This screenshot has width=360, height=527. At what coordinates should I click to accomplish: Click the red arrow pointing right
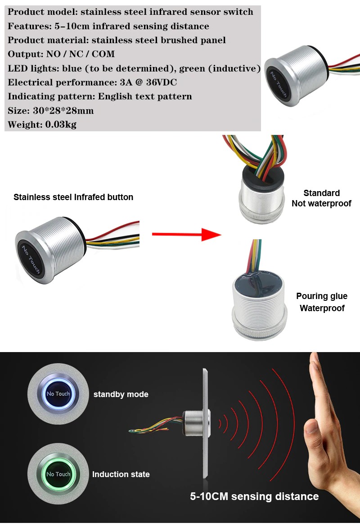pos(187,234)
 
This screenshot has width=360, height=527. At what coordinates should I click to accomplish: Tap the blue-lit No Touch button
pos(58,393)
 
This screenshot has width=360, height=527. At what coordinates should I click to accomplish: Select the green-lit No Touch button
pos(58,474)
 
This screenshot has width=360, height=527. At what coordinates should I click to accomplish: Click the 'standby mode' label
pos(121,394)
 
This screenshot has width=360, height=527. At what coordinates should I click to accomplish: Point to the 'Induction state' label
pos(121,474)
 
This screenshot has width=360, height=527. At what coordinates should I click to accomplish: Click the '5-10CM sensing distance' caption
pos(254,496)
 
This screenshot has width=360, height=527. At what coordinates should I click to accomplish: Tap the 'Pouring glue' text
pos(322,296)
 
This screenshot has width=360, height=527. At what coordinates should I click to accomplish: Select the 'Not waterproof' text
pos(321,203)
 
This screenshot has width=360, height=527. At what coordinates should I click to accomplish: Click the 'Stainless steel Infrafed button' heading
pos(73,197)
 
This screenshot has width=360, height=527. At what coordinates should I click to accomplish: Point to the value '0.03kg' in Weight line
pos(61,125)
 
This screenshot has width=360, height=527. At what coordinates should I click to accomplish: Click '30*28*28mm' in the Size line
pos(63,111)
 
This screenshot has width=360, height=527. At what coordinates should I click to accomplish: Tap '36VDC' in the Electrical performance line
pos(162,82)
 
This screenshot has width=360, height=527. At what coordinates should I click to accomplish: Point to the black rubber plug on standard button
pos(262,178)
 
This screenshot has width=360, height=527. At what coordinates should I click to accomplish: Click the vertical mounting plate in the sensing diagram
pos(205,423)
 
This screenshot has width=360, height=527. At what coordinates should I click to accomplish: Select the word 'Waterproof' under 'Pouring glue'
pos(322,308)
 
